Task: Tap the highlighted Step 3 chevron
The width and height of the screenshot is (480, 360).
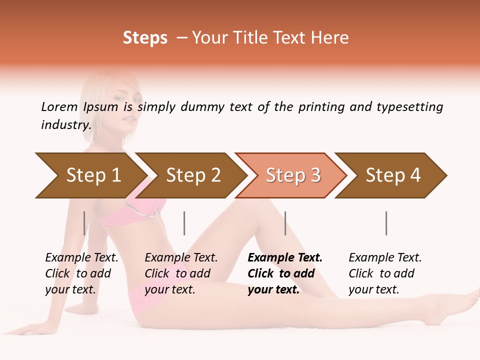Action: [293, 175]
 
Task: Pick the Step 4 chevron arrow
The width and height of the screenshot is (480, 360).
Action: [393, 175]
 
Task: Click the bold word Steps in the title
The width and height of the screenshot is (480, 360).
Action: [145, 38]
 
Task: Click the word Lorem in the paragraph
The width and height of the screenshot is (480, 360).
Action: [59, 106]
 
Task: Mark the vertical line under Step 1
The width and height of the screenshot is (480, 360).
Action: [84, 223]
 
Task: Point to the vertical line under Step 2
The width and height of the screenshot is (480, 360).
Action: [184, 223]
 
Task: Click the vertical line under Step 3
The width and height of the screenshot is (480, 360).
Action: [285, 223]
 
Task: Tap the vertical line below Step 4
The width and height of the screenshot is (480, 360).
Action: [386, 223]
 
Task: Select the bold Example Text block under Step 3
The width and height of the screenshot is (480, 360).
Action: [285, 273]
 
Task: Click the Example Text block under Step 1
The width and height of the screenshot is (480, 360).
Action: [81, 273]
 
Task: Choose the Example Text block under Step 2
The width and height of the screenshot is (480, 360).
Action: [181, 273]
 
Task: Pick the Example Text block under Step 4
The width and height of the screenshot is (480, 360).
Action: [385, 273]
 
